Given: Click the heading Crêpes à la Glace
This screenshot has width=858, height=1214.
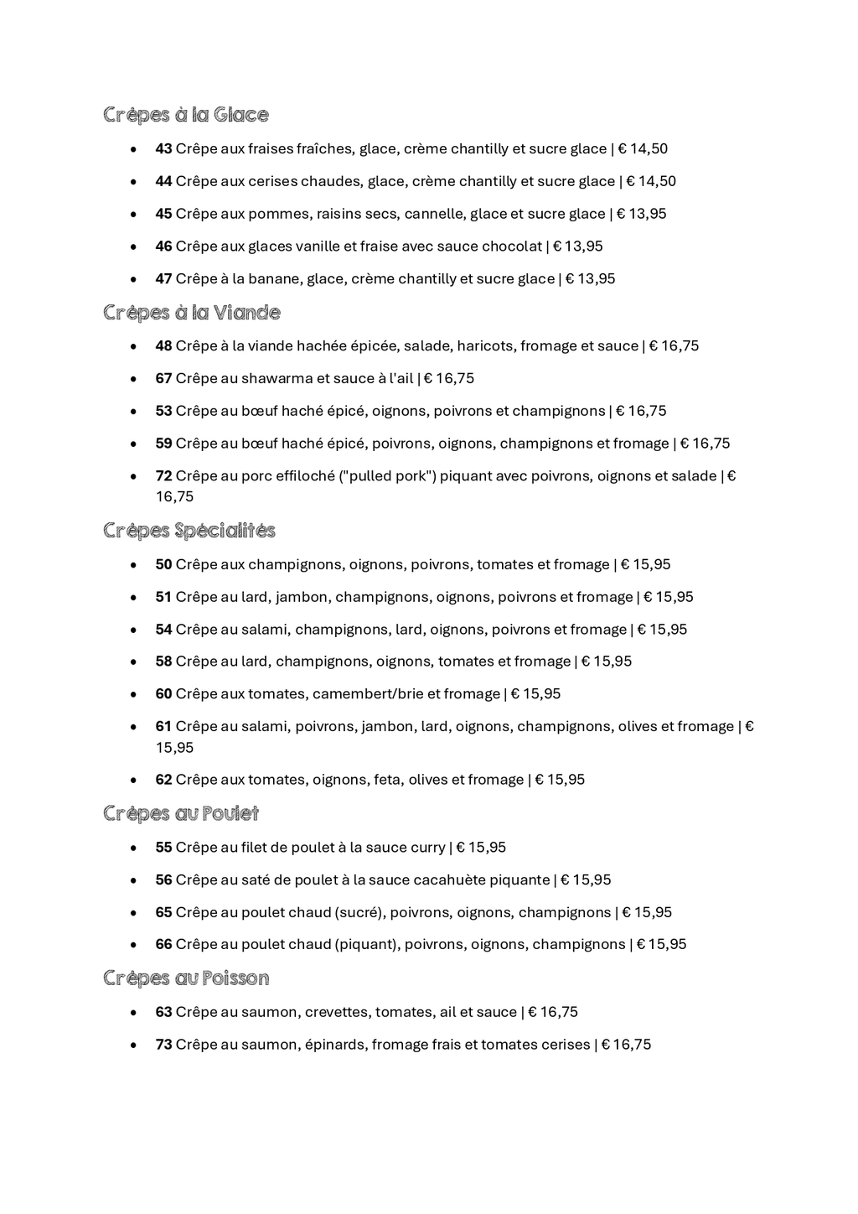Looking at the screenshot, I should [185, 115].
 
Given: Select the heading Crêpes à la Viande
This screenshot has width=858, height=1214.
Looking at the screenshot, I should [191, 313].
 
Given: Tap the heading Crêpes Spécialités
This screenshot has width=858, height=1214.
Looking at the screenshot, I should [189, 531].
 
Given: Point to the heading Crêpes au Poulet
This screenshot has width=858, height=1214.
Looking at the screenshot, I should [180, 813].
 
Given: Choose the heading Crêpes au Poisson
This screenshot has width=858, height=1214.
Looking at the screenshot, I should [185, 978].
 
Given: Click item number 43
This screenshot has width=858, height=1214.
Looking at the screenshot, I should [163, 149].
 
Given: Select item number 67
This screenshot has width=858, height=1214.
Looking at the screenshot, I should [163, 379].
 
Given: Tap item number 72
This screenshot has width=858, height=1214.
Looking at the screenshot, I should [163, 476].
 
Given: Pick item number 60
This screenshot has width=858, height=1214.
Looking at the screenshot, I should [163, 694].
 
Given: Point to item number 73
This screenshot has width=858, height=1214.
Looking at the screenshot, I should [163, 1045].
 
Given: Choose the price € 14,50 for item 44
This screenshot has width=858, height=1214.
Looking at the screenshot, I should [651, 182].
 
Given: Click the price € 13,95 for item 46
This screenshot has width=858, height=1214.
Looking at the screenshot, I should [577, 246].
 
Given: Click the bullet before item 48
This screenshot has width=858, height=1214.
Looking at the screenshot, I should [134, 346].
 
